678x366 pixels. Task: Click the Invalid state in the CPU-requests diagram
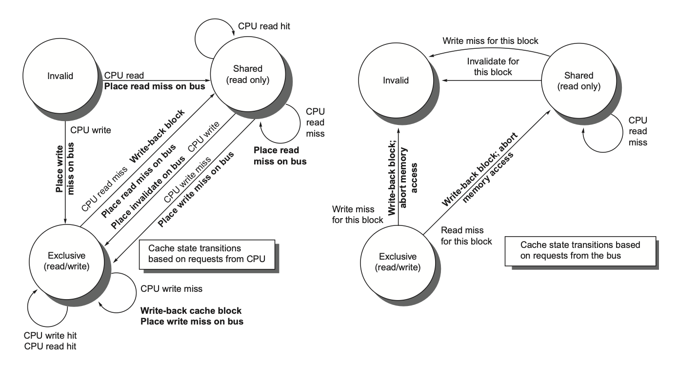pos(60,76)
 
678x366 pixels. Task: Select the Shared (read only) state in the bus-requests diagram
pos(578,81)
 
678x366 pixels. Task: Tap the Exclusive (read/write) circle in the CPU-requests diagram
pos(67,262)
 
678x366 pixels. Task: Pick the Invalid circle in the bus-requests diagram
pos(396,80)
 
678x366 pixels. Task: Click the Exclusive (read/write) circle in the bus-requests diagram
pos(398,263)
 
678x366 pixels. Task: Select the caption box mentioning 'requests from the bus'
pos(580,251)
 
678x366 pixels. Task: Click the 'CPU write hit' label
pos(50,335)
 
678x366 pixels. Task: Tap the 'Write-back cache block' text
pos(191,310)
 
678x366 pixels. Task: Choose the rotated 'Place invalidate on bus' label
pos(148,193)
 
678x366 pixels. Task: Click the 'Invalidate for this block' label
pos(493,66)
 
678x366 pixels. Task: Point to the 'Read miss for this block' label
pos(466,236)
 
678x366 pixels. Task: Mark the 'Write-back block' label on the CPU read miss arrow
pos(157,136)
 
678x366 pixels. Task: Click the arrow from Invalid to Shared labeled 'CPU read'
pos(157,81)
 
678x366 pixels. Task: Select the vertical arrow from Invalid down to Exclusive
pos(65,173)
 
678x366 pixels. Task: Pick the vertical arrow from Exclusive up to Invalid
pos(399,177)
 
